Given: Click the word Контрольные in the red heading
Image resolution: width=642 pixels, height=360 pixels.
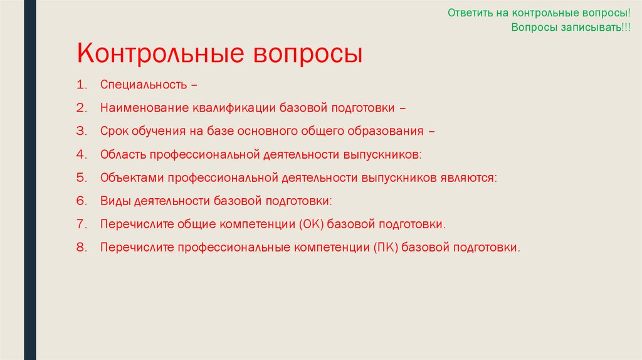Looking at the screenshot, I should [x=160, y=53].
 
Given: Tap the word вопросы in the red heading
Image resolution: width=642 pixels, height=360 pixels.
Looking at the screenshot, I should [x=308, y=53].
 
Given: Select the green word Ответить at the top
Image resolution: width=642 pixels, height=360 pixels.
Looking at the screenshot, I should [x=471, y=13].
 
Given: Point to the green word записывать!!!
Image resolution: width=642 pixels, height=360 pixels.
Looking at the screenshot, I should [x=592, y=28].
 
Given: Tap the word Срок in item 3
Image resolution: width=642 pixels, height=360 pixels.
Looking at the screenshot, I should [x=113, y=131].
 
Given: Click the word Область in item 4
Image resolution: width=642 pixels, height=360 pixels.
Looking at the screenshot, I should [x=122, y=154].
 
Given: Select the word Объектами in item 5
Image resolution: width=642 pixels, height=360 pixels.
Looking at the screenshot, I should [x=128, y=177].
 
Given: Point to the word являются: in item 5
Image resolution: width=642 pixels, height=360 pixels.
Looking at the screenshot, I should [x=467, y=177].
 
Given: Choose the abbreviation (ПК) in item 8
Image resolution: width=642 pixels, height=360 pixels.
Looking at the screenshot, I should [x=385, y=247].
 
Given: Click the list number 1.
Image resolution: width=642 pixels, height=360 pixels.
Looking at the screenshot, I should [x=81, y=85].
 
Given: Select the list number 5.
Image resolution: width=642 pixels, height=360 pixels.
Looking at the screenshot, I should [x=81, y=177].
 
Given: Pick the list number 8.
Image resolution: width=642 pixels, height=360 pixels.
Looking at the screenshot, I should [x=81, y=247].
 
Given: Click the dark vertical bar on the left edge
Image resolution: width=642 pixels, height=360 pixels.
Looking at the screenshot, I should [x=30, y=180].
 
